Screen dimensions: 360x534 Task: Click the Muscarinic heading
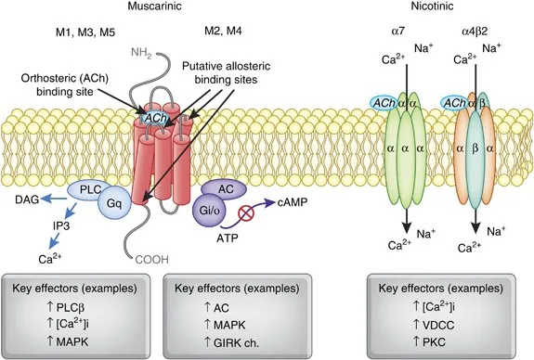pos(161,8)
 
